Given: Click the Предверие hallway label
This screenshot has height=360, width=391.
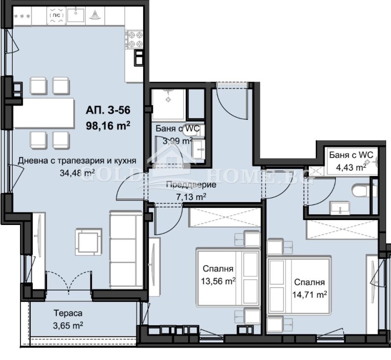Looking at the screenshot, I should (x=191, y=184).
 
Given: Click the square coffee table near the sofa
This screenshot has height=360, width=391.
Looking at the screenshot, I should (x=88, y=242).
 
